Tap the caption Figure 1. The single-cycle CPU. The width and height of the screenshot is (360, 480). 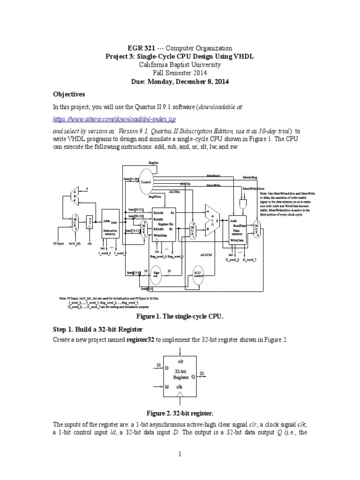(x=180, y=316)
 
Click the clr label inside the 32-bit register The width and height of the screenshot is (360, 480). (x=180, y=361)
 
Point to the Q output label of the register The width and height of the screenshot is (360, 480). (x=193, y=376)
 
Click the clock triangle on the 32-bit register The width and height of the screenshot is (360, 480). (x=180, y=395)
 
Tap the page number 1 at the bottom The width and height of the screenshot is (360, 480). (x=180, y=454)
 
